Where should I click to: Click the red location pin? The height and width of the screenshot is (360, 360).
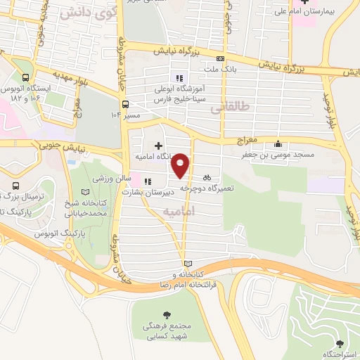pos(181,165)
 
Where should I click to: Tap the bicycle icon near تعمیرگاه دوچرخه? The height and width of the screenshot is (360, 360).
pos(207,177)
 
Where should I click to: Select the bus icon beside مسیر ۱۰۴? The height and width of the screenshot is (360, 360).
pos(125,104)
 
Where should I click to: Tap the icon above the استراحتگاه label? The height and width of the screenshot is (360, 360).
pos(341,345)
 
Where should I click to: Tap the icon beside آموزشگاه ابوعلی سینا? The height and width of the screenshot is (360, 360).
pos(179,78)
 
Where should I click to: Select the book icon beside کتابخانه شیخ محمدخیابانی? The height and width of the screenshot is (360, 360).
pos(85,191)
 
